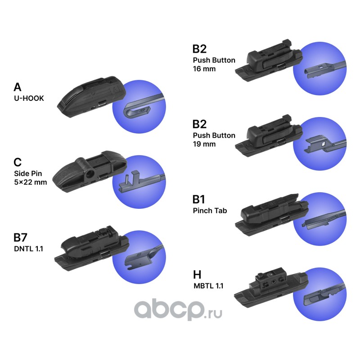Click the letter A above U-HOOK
[x=18, y=87]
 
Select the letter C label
[x=18, y=162]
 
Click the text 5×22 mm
[x=31, y=183]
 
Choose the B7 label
[x=22, y=238]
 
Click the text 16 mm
[x=204, y=69]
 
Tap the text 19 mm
[x=204, y=144]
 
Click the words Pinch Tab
[x=210, y=210]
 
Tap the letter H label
[x=197, y=274]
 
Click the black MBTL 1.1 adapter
[x=270, y=288]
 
